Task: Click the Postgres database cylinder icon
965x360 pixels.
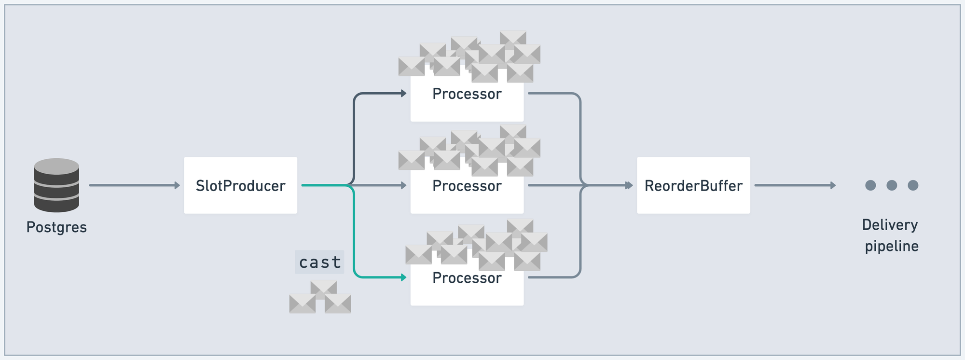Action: click(x=56, y=185)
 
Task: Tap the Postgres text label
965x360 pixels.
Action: click(x=56, y=227)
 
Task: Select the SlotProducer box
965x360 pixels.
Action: click(x=240, y=185)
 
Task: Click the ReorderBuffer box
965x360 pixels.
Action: click(x=693, y=185)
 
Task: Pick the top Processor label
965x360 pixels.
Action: click(x=467, y=94)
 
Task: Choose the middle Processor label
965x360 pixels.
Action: click(x=467, y=186)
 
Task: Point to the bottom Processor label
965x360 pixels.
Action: click(x=467, y=278)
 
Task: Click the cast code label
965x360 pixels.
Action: click(x=319, y=262)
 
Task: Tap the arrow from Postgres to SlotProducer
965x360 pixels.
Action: click(x=134, y=185)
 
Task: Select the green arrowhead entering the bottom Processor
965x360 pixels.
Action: click(x=403, y=277)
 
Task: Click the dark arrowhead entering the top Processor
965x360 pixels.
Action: click(x=403, y=93)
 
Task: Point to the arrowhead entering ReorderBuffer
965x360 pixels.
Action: click(x=629, y=185)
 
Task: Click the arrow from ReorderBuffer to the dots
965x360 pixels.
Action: click(x=795, y=185)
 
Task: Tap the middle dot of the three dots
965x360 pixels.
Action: click(x=892, y=185)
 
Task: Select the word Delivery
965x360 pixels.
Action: click(x=890, y=225)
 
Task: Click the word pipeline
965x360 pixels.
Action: click(x=891, y=246)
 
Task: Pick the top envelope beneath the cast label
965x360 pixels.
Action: click(x=323, y=289)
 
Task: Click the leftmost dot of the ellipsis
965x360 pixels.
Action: click(x=870, y=185)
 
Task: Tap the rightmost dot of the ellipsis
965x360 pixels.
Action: click(x=913, y=185)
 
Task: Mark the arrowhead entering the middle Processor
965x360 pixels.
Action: click(x=403, y=185)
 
